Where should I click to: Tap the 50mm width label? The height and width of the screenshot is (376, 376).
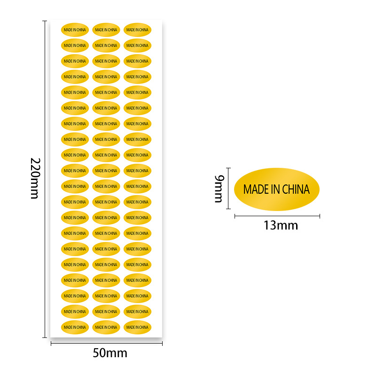(110, 353)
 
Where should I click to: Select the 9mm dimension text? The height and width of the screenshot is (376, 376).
(219, 188)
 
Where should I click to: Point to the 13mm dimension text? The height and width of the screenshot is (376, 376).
(281, 225)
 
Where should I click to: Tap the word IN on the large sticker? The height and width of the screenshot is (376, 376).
(274, 189)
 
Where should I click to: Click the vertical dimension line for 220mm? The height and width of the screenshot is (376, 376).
(45, 179)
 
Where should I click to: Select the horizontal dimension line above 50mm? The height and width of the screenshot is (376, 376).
(107, 344)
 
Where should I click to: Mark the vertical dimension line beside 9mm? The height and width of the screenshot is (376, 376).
(228, 188)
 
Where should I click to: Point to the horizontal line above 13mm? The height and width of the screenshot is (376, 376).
(277, 216)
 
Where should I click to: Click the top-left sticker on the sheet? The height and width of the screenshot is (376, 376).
(75, 30)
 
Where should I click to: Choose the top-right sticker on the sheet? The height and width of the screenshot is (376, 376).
(137, 30)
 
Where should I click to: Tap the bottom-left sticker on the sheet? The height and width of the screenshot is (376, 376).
(75, 327)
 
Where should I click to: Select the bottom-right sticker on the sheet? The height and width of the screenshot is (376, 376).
(137, 327)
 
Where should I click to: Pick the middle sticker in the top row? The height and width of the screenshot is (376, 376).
(106, 30)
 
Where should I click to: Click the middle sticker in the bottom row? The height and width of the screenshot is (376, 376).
(106, 327)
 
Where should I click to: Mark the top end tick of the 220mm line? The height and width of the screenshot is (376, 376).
(45, 21)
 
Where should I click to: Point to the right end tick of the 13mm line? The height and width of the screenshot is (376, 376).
(320, 216)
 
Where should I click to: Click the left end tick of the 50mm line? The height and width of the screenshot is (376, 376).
(51, 344)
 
